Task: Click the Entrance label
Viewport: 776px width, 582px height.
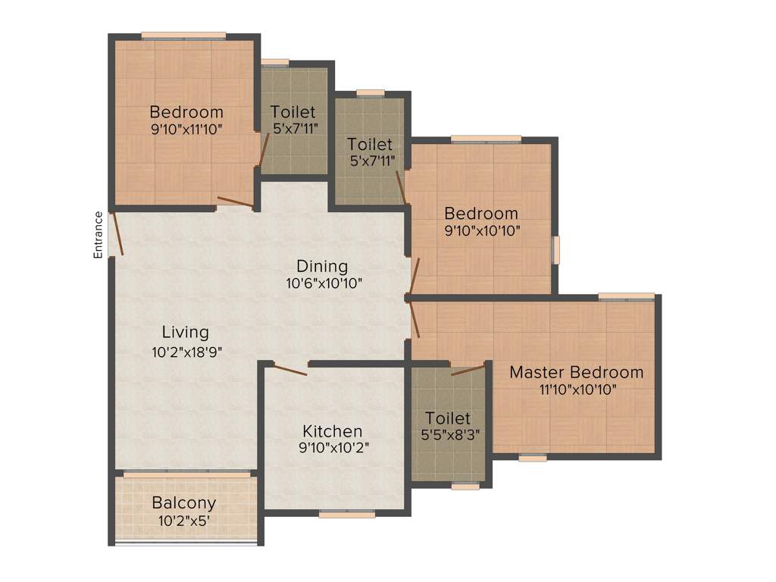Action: pos(98,235)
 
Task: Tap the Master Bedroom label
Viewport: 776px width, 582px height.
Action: pos(576,372)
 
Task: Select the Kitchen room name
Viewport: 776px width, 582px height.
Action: pos(332,430)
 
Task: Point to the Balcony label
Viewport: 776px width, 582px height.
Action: pos(184,502)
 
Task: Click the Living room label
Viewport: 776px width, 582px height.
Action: pos(186,332)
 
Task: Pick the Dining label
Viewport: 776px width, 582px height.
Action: pos(322,266)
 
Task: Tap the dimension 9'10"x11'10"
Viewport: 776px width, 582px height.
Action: pos(186,129)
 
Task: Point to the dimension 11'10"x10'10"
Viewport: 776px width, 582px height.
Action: pos(576,390)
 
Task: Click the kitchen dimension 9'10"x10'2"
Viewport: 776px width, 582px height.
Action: pos(333,447)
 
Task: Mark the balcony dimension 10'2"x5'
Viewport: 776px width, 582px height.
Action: pos(184,521)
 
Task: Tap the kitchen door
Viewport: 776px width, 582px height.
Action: pos(289,370)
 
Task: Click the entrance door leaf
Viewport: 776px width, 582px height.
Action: pos(117,233)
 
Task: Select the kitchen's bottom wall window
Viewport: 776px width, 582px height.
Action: pos(346,514)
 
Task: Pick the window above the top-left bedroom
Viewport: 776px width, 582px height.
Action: pos(183,35)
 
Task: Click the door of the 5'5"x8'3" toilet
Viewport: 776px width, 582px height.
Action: pos(468,370)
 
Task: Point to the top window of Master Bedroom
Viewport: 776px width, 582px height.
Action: pos(626,296)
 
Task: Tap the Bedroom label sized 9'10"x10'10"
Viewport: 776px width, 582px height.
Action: pos(481,213)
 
